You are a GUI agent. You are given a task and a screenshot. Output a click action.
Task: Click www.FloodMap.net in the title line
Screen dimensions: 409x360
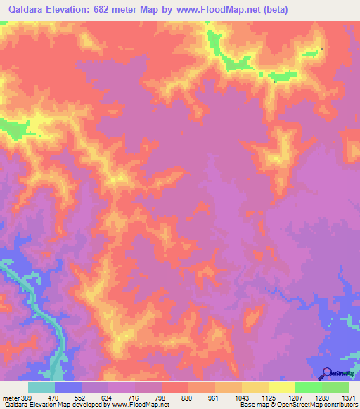[214, 9]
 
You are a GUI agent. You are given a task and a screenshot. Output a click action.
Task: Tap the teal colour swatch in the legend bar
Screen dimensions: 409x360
[41, 387]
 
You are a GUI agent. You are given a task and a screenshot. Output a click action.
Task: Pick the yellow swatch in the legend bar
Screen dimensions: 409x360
[281, 387]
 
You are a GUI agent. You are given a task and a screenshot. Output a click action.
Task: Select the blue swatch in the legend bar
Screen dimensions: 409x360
[68, 387]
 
